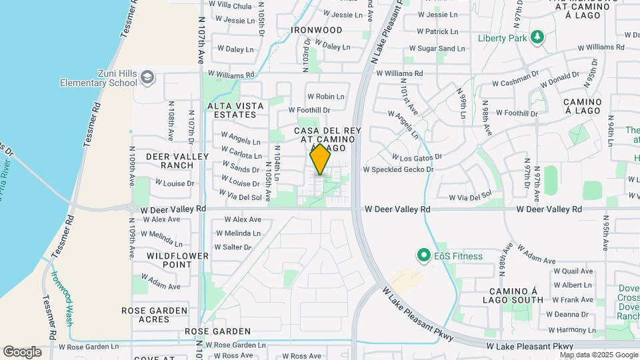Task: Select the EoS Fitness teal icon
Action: pyautogui.click(x=423, y=255)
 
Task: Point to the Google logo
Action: pyautogui.click(x=22, y=352)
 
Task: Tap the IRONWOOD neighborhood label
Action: pyautogui.click(x=317, y=30)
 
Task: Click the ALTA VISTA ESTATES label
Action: pyautogui.click(x=235, y=110)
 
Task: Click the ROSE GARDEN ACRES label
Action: pyautogui.click(x=155, y=315)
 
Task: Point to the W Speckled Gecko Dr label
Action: pyautogui.click(x=398, y=169)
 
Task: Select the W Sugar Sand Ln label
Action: pyautogui.click(x=437, y=49)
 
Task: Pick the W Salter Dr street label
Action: pyautogui.click(x=233, y=247)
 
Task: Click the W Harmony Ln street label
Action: pyautogui.click(x=571, y=329)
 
